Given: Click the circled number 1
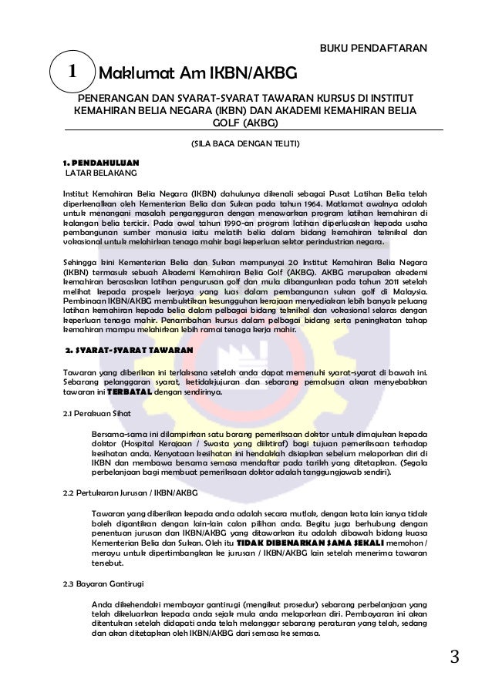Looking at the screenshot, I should click(x=70, y=72).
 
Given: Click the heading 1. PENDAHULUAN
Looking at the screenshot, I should click(x=100, y=163).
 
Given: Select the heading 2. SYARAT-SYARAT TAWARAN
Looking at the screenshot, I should click(x=129, y=349).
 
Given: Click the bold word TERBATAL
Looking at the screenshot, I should click(x=129, y=392).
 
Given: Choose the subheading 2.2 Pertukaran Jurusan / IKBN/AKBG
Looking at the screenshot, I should click(x=130, y=493).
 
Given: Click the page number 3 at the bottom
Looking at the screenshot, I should click(x=454, y=657).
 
